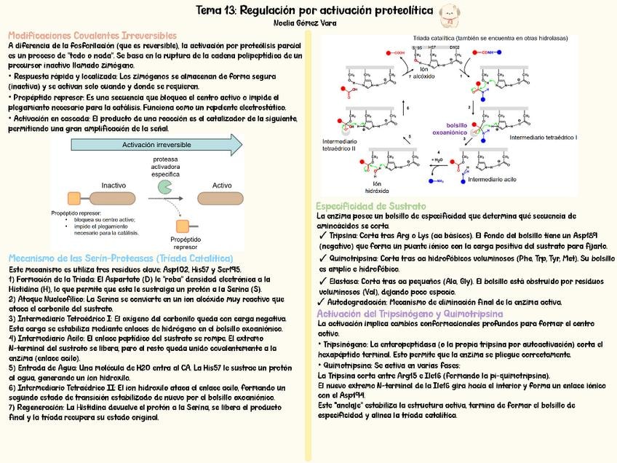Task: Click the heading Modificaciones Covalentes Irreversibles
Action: pos(92,35)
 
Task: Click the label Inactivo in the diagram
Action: pos(113,185)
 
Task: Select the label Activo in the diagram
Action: pos(222,185)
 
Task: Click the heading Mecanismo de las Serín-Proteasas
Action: pos(121,258)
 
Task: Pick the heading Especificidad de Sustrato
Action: pos(371,207)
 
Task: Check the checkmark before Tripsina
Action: pos(322,236)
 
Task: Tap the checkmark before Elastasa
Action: pos(322,280)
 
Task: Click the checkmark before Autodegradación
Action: pos(322,301)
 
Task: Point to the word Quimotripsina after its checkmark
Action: pos(354,258)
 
